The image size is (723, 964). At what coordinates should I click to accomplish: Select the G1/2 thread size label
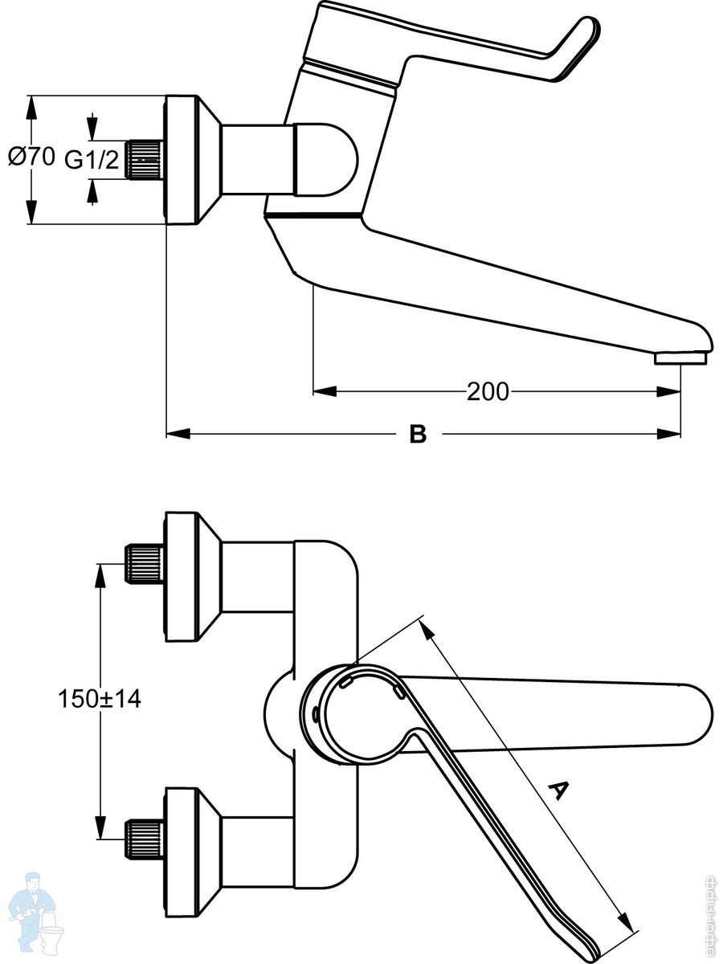click(x=92, y=160)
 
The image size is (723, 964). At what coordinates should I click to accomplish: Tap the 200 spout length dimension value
click(x=488, y=391)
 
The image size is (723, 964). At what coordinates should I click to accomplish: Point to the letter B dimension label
click(x=418, y=435)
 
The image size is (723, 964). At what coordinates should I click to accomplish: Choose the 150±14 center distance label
click(x=99, y=699)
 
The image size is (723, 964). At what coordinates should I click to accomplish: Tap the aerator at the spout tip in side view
click(x=682, y=357)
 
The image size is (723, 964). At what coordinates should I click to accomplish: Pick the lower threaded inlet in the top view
click(x=145, y=839)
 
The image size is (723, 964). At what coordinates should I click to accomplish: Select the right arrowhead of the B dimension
click(x=668, y=435)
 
